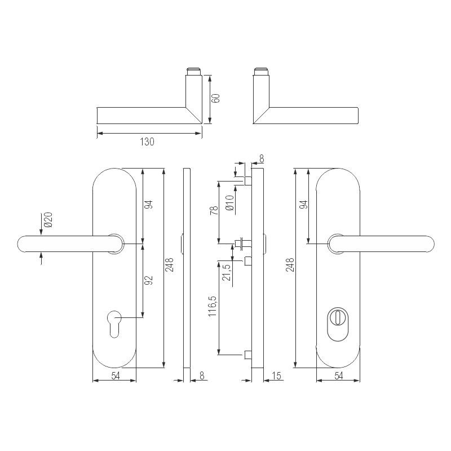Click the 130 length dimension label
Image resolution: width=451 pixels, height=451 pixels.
click(x=147, y=142)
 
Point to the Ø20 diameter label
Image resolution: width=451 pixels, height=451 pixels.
click(x=48, y=220)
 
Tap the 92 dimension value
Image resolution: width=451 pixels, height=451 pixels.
click(x=149, y=280)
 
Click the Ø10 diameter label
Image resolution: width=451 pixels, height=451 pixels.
click(x=229, y=202)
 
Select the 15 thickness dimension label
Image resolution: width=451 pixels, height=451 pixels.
click(x=276, y=376)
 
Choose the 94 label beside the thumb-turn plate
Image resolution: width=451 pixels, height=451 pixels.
click(x=304, y=205)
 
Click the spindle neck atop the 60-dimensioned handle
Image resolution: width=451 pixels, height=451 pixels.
click(x=193, y=72)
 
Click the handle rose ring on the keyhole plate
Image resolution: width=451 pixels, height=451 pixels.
click(x=114, y=243)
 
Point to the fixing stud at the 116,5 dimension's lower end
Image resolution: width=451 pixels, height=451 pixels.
click(x=247, y=355)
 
